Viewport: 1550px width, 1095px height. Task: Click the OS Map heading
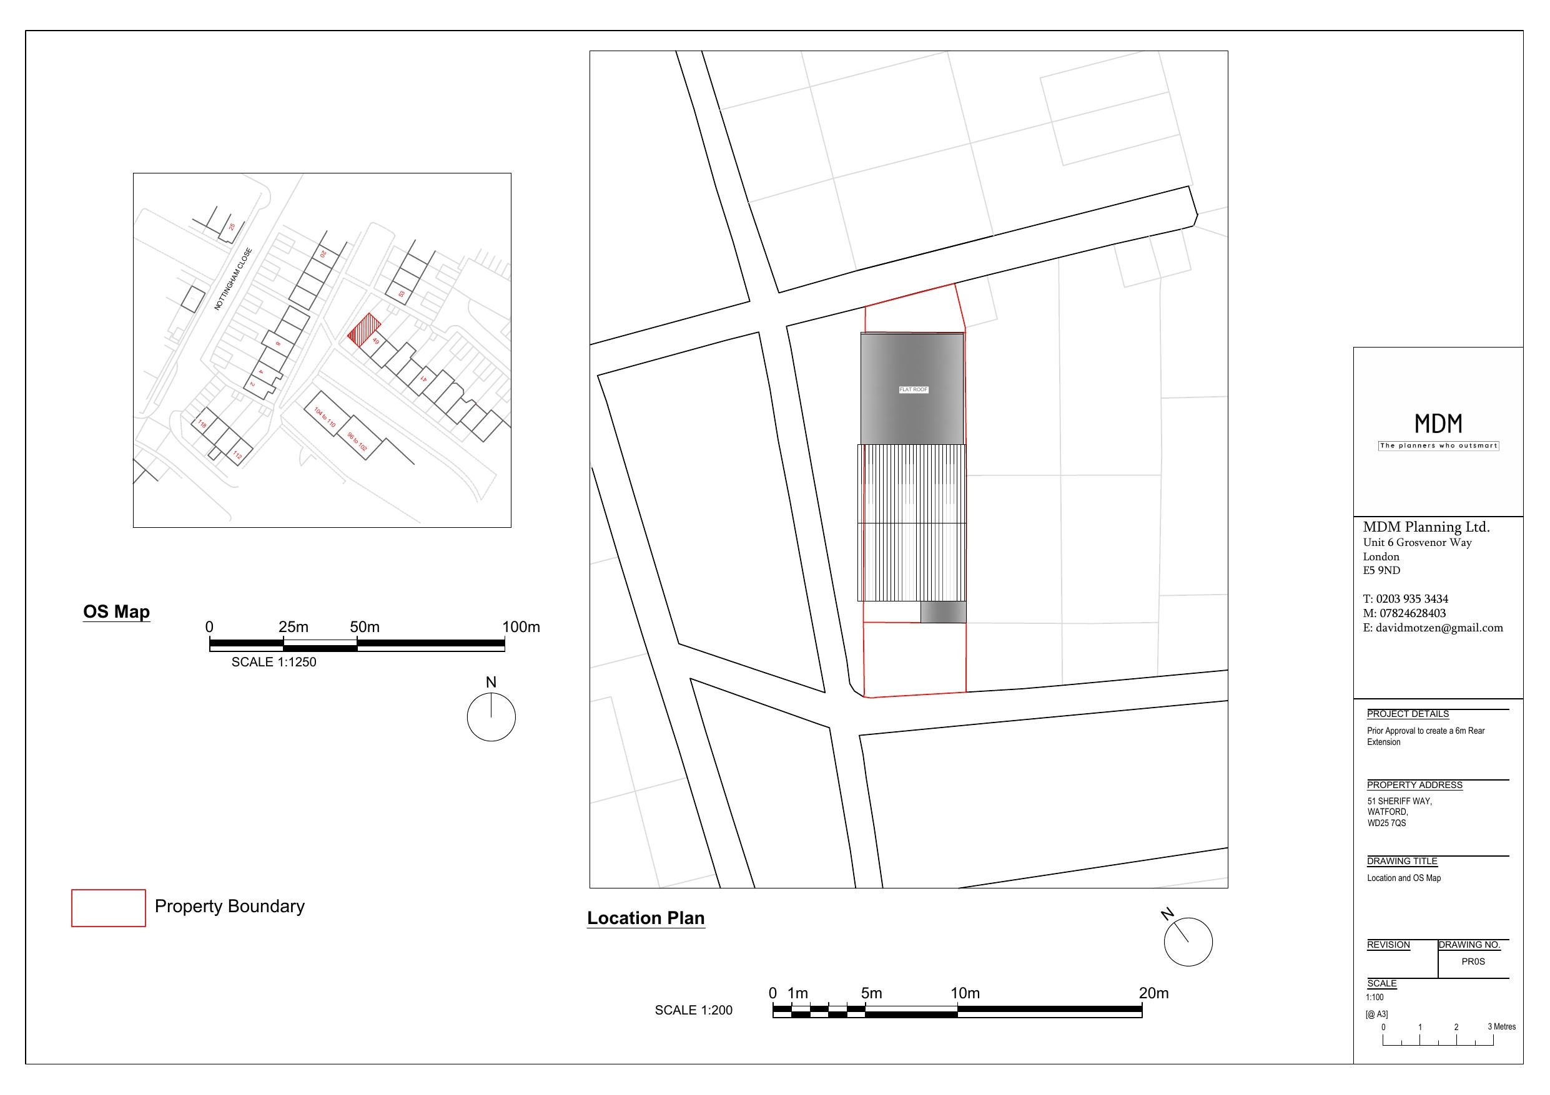coord(116,611)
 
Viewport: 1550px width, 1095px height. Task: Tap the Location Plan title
coord(645,918)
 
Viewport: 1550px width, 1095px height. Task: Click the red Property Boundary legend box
coord(109,908)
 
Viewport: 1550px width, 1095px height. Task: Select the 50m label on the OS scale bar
coord(365,627)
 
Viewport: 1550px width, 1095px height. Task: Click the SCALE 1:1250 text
coord(274,662)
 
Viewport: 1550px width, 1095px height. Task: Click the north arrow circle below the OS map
coord(491,716)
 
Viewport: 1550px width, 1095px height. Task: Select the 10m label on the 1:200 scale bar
coord(965,993)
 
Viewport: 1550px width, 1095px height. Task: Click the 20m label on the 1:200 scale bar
coord(1153,993)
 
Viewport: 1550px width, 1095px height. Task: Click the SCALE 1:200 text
coord(693,1010)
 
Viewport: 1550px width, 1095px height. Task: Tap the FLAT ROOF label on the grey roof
coord(914,390)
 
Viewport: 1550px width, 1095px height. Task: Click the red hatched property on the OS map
coord(364,330)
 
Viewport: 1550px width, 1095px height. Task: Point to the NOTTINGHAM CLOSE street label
coord(233,280)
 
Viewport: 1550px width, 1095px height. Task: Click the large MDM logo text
coord(1438,424)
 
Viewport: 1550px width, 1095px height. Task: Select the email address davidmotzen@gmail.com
coord(1439,628)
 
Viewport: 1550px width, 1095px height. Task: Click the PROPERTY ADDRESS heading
coord(1414,785)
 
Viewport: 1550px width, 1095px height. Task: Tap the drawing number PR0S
coord(1473,961)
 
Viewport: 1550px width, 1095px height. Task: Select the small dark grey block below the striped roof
coord(943,612)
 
